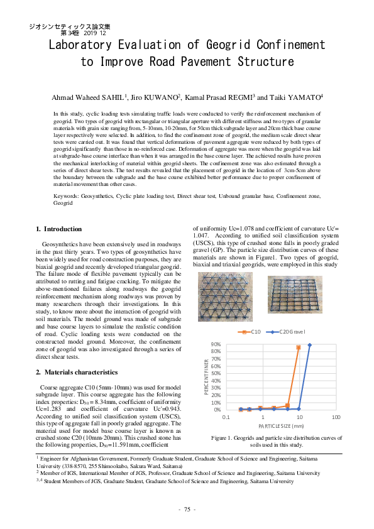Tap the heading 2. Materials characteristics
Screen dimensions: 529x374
click(x=77, y=372)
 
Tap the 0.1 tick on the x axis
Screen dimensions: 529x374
click(x=226, y=417)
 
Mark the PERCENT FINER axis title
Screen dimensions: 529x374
click(x=206, y=376)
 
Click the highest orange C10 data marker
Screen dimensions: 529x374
click(x=298, y=347)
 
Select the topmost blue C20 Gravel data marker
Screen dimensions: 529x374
click(x=309, y=344)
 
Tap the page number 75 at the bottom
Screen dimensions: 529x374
click(x=187, y=508)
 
